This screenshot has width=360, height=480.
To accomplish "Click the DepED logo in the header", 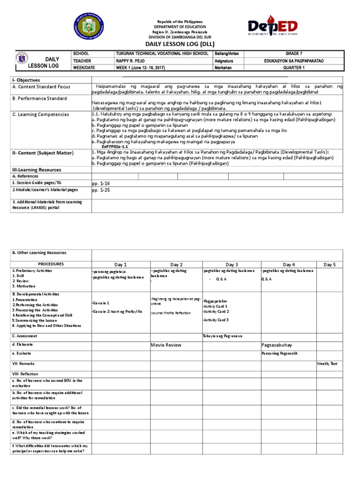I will click(273, 28).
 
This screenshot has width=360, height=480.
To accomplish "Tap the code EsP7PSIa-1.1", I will click(112, 146).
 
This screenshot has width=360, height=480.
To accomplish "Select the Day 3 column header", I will click(232, 265).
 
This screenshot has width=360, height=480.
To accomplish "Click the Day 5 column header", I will click(330, 265).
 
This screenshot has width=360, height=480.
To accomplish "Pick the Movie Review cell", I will click(165, 345).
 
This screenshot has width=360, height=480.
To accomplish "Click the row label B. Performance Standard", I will click(39, 98).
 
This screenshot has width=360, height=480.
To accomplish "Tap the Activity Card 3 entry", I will click(216, 320).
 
